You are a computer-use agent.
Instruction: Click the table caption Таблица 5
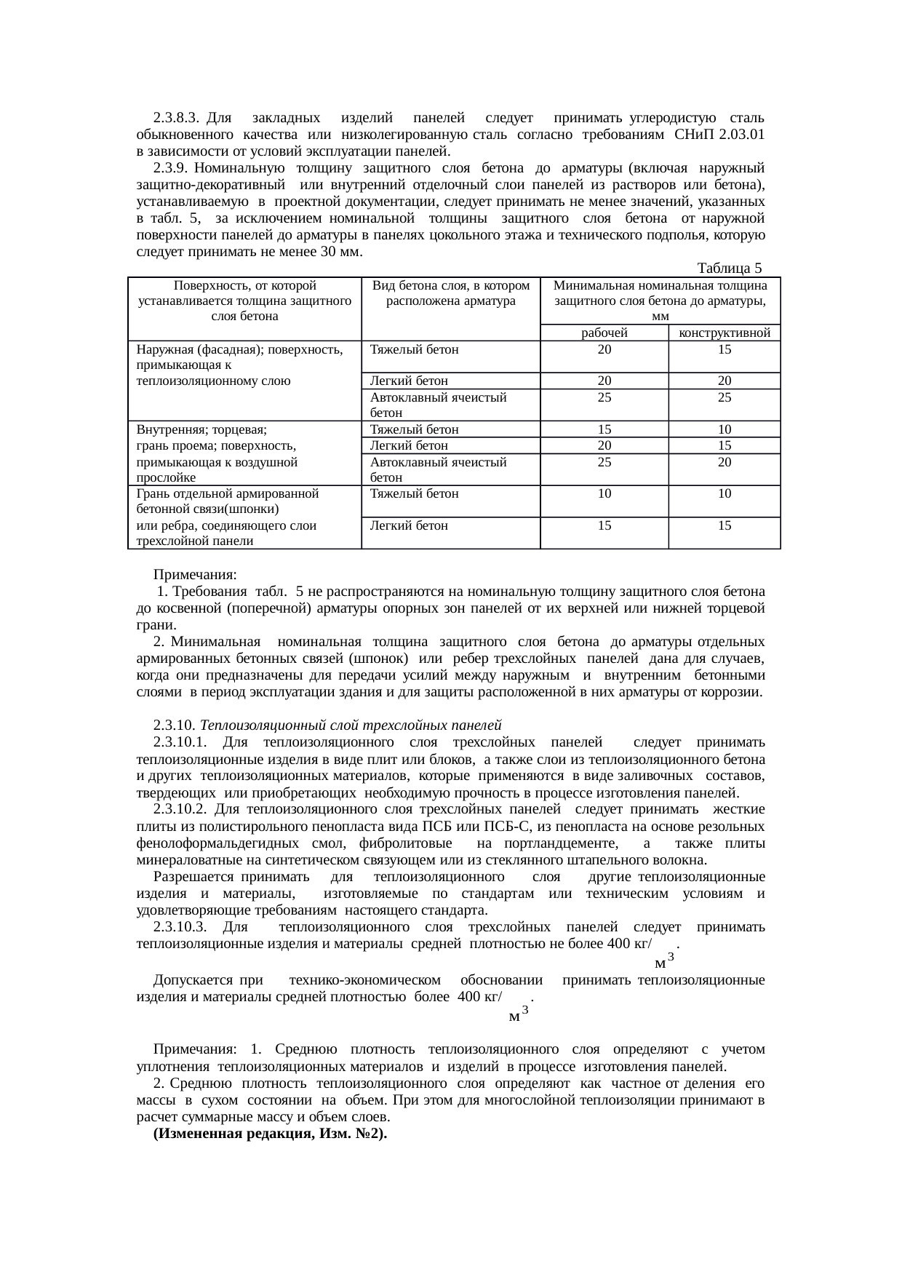coord(729,268)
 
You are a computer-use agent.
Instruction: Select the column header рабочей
coord(604,333)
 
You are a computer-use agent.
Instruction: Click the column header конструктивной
coord(724,333)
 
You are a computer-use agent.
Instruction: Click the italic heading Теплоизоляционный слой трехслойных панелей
coord(351,726)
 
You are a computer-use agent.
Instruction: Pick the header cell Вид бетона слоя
coord(451,293)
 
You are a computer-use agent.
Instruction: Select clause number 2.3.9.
coord(169,168)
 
